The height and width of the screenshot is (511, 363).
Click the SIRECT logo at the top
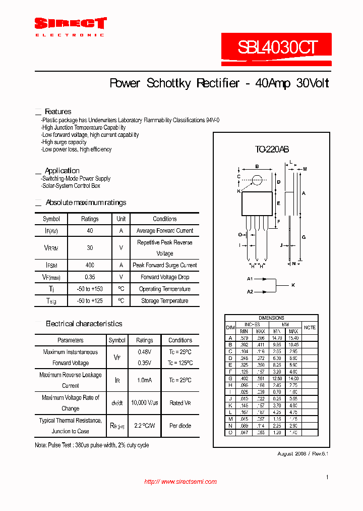tap(70, 23)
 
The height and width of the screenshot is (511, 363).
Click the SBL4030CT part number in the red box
tap(277, 47)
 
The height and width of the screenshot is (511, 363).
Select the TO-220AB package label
tap(271, 149)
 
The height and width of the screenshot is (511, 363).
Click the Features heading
tap(58, 112)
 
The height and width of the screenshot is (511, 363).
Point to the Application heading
tap(62, 171)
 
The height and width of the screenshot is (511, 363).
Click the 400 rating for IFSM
tap(90, 265)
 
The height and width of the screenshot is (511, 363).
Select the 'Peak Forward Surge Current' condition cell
tap(165, 265)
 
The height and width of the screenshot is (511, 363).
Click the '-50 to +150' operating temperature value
tap(90, 289)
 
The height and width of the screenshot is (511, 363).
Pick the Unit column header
tap(121, 219)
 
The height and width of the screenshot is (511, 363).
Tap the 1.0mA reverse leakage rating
tap(145, 380)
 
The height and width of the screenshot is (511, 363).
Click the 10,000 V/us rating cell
tap(145, 403)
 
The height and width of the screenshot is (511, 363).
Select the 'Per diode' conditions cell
tap(180, 426)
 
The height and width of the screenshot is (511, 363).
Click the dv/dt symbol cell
tap(117, 403)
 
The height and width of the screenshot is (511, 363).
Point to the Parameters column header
tap(71, 340)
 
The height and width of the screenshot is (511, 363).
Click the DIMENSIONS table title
tap(271, 318)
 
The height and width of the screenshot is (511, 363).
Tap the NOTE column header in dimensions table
tap(310, 327)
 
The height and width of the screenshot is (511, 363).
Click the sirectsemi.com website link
tap(180, 482)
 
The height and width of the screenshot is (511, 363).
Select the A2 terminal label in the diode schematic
tap(250, 292)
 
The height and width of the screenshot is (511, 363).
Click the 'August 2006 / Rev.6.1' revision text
tap(302, 453)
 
